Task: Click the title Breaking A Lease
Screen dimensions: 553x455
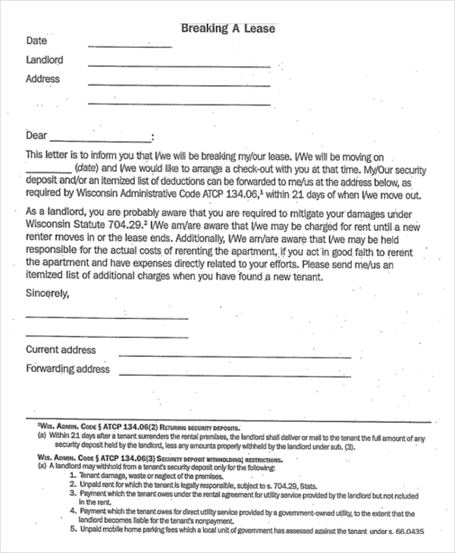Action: pos(227,29)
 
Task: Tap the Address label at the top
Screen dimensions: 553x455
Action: pos(42,79)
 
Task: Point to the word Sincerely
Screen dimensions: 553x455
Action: pos(47,292)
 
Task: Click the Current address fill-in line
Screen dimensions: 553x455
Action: pos(235,357)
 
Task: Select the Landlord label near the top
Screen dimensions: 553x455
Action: pos(44,60)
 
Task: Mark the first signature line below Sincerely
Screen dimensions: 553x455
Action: pos(106,317)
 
